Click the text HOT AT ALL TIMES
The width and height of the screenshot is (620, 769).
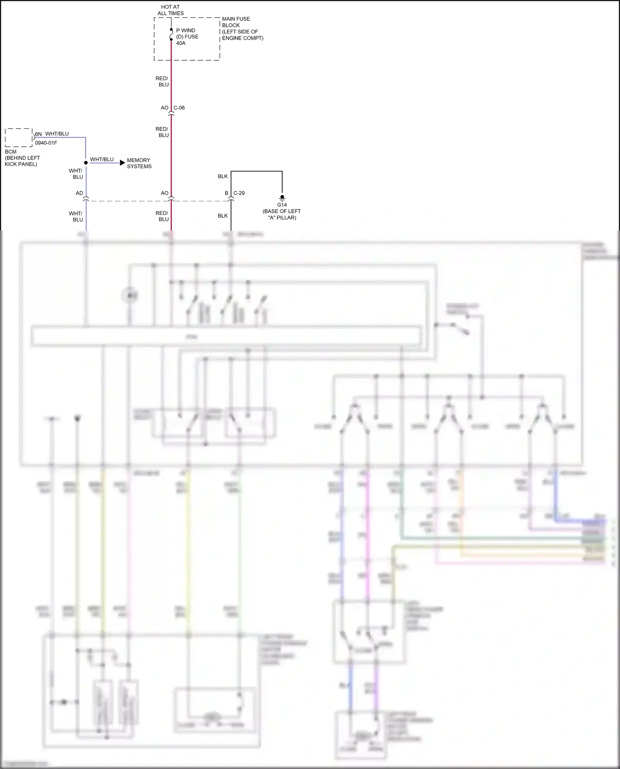tap(170, 10)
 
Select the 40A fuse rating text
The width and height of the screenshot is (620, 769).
tap(181, 43)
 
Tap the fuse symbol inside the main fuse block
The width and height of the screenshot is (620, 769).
tap(171, 35)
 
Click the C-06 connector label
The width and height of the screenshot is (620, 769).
tap(179, 108)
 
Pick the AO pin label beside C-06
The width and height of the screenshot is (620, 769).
tap(165, 108)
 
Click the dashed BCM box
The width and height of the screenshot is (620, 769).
tap(19, 138)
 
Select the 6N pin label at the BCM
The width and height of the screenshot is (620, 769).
tap(38, 134)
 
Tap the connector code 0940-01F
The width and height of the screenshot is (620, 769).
tap(46, 143)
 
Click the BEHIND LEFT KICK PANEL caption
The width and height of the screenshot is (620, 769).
tap(22, 161)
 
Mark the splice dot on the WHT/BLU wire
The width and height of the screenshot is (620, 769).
tap(86, 163)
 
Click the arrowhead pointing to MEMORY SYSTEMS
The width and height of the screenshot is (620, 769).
tap(122, 163)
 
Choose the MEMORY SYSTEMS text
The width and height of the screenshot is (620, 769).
tap(139, 163)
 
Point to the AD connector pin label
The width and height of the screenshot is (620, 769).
tap(79, 193)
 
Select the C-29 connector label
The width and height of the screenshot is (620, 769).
tap(239, 193)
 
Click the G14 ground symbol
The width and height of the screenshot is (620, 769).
tap(282, 198)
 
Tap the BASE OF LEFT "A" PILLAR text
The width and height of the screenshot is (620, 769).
tap(281, 214)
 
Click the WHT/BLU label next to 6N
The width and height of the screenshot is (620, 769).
tap(57, 134)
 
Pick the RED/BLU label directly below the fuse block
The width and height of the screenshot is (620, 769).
tap(162, 81)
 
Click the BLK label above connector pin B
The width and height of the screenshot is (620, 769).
tap(223, 176)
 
